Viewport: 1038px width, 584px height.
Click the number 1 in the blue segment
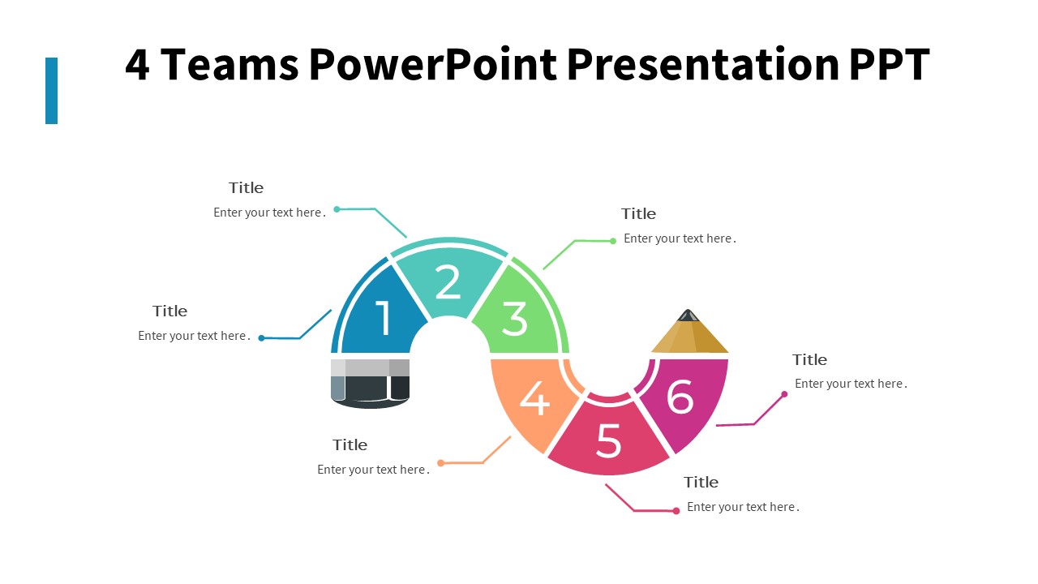(383, 317)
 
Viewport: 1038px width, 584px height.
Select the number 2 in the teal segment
(448, 282)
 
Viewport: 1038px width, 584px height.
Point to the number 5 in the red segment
(608, 440)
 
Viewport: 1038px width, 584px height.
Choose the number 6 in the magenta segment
(680, 397)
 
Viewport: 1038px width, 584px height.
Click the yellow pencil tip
(688, 333)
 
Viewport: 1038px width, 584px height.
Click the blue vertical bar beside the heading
(51, 91)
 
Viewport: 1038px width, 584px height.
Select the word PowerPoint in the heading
(434, 65)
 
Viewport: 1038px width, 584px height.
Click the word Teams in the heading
(229, 65)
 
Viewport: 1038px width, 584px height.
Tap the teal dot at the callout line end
(337, 209)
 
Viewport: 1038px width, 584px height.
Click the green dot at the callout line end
(613, 241)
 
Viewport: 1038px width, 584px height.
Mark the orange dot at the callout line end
(441, 463)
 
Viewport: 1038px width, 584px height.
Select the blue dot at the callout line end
(261, 338)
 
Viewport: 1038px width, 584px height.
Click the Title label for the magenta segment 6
(809, 359)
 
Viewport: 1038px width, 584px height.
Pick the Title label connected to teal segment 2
(246, 187)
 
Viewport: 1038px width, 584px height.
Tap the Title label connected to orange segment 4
(350, 444)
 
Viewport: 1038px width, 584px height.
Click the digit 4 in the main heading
(137, 65)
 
